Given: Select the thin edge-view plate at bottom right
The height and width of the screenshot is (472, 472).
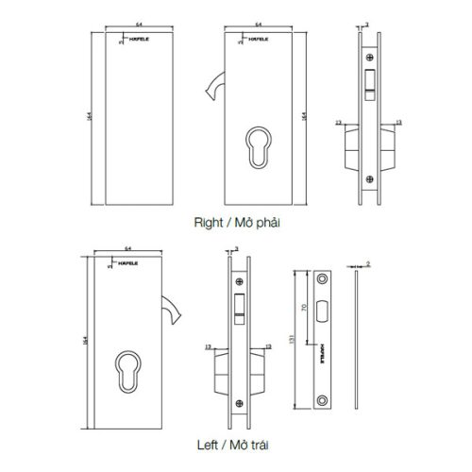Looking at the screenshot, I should pyautogui.click(x=359, y=340).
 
